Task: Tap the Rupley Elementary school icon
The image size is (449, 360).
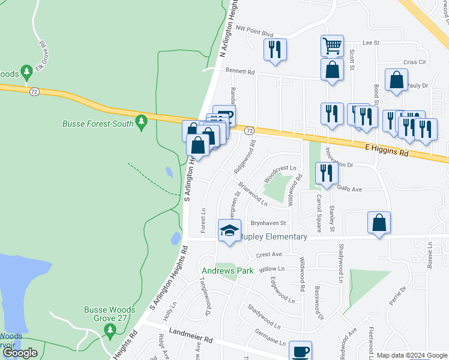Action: [x=229, y=232]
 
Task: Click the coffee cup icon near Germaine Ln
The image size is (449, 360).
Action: [x=300, y=351]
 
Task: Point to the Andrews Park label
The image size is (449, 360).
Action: [x=228, y=271]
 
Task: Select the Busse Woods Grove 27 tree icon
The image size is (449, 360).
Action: [x=109, y=329]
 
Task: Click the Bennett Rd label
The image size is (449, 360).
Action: [x=240, y=71]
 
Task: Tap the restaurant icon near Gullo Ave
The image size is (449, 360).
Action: [x=327, y=173]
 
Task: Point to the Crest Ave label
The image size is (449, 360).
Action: [x=268, y=254]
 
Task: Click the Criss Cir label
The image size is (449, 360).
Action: [x=414, y=62]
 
